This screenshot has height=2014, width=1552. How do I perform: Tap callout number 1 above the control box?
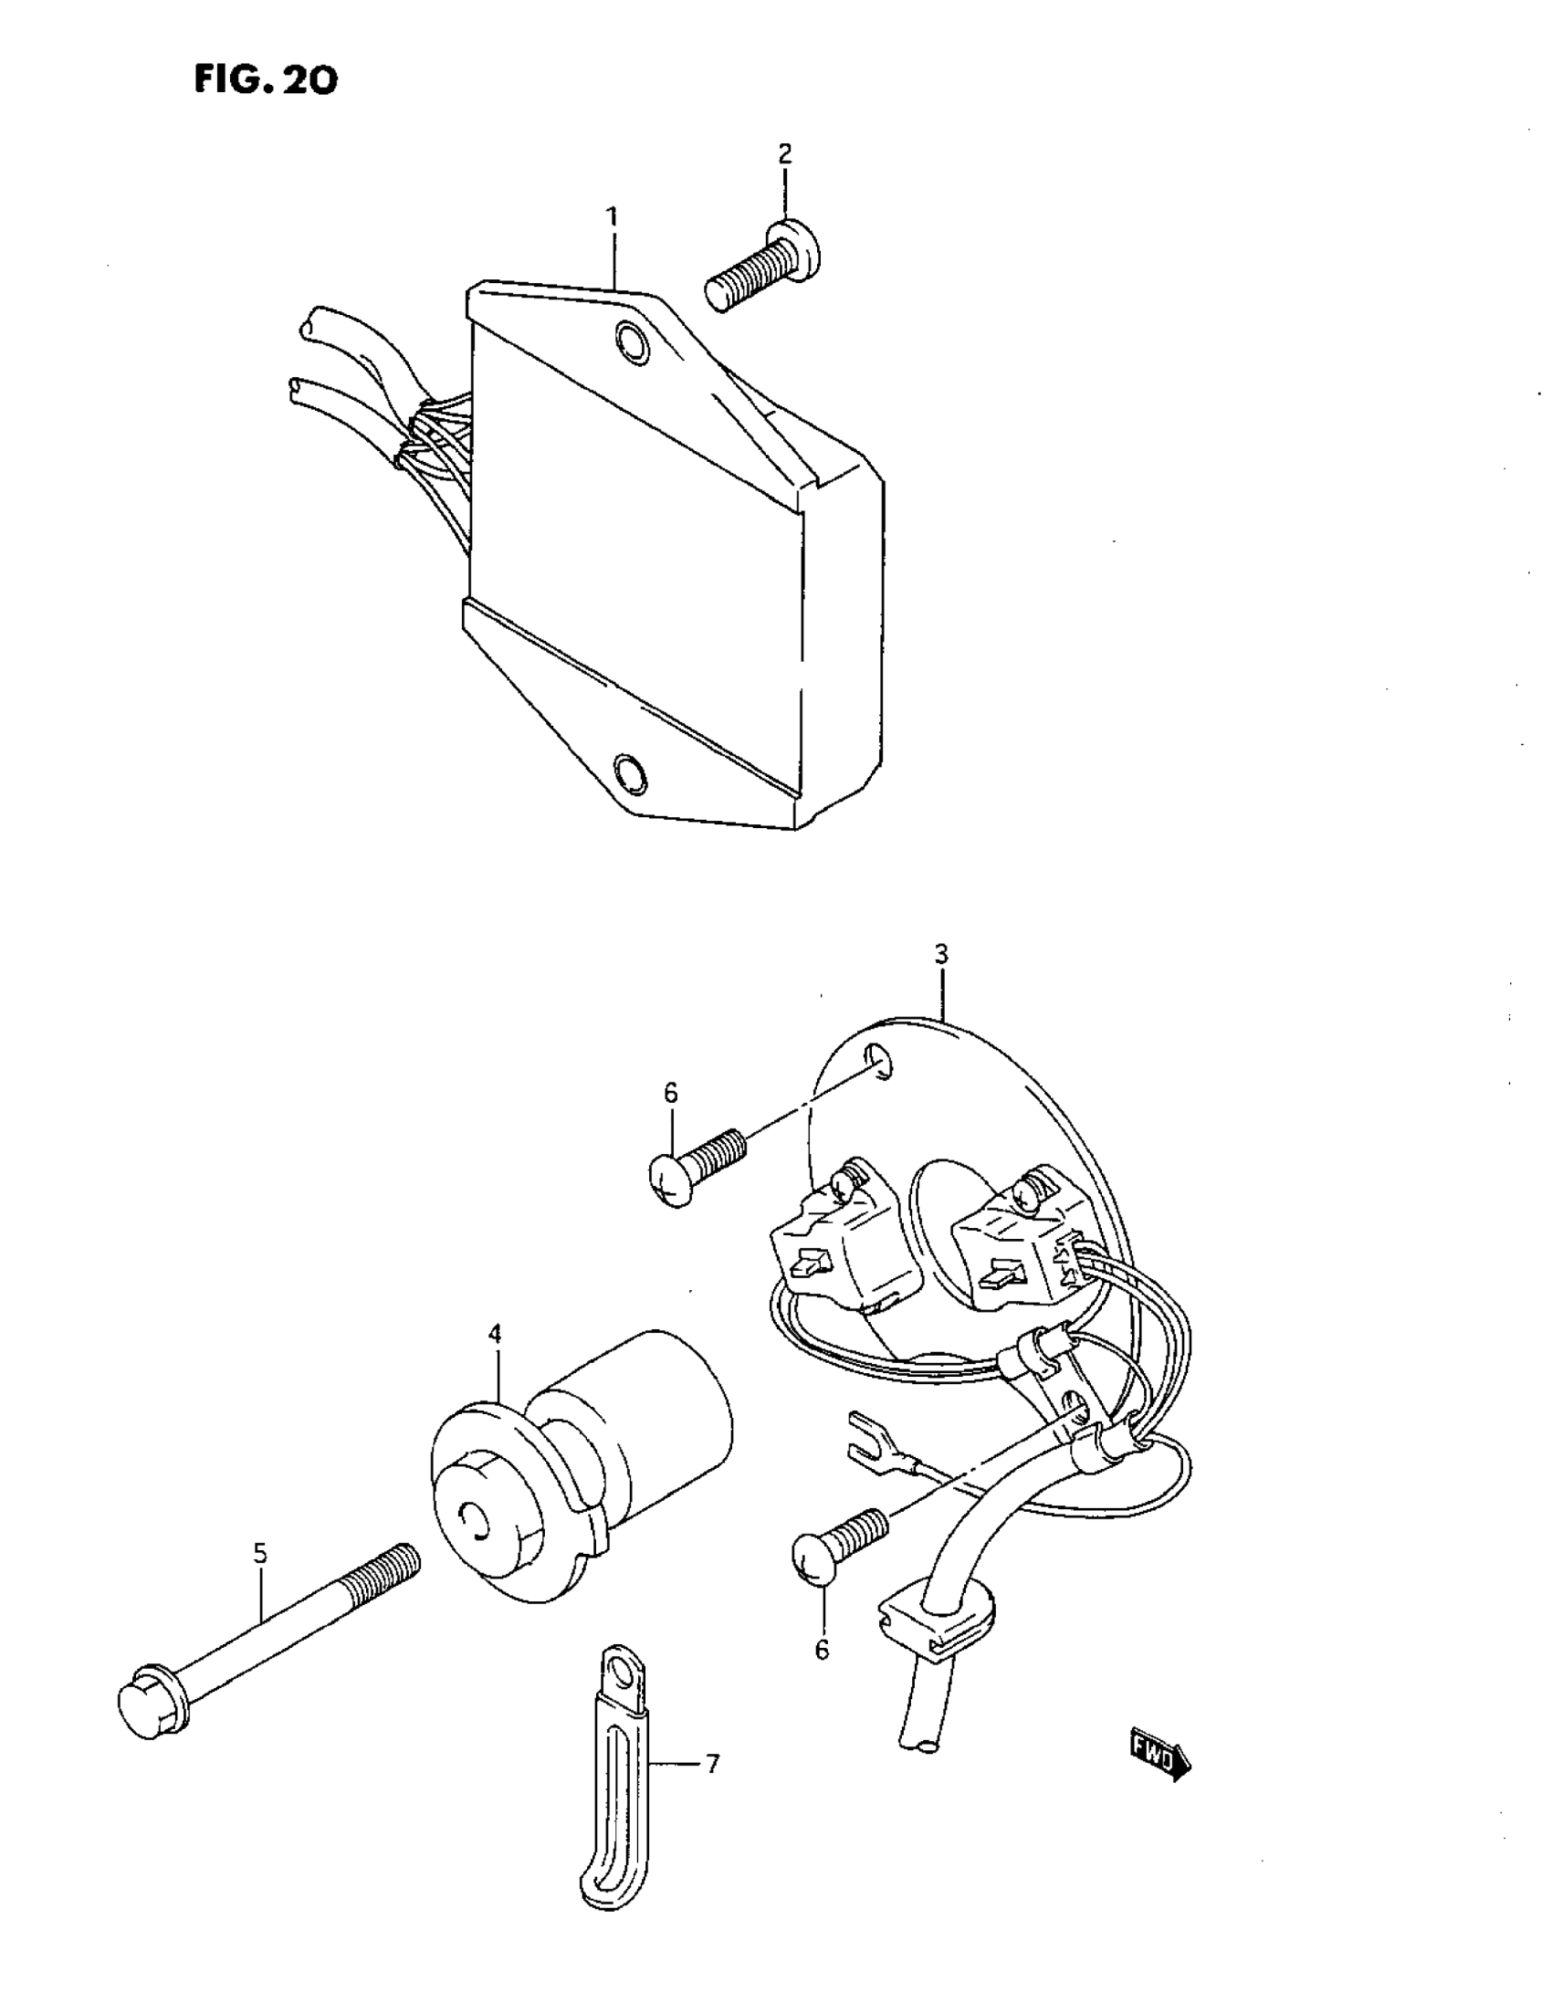612,217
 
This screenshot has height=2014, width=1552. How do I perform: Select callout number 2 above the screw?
785,154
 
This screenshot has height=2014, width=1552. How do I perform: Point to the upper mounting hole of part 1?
632,341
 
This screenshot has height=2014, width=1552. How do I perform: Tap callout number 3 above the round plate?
940,954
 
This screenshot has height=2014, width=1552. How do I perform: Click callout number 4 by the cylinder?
495,1334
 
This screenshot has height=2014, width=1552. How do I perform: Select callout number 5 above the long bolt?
260,1553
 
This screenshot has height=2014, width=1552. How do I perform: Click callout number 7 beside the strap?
711,1764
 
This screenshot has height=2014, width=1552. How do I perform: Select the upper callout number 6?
670,1092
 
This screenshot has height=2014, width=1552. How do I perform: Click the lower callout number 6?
822,1649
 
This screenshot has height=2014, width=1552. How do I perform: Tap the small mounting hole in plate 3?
880,1061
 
